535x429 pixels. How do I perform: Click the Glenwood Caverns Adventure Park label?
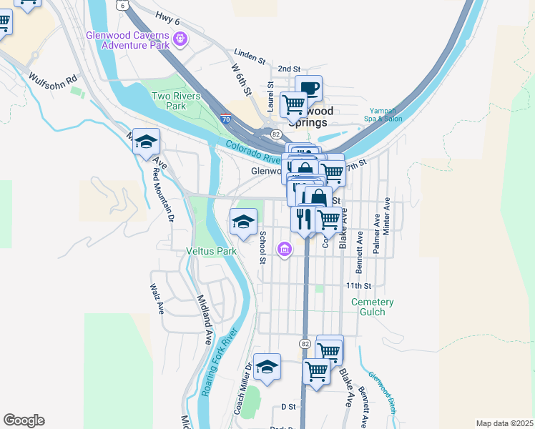(x=128, y=40)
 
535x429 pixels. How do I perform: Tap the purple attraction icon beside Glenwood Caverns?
(x=180, y=38)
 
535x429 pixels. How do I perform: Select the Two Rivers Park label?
(x=175, y=101)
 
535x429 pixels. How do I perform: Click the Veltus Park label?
(x=211, y=252)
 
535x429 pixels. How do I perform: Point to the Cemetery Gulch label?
(x=373, y=307)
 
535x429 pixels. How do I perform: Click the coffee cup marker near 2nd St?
(x=308, y=88)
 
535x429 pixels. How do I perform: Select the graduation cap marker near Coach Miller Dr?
(x=267, y=367)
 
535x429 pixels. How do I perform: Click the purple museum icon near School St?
(x=285, y=250)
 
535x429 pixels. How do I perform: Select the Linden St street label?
(x=250, y=54)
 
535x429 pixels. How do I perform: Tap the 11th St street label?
(x=358, y=286)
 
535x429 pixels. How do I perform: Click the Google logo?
(x=24, y=420)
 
